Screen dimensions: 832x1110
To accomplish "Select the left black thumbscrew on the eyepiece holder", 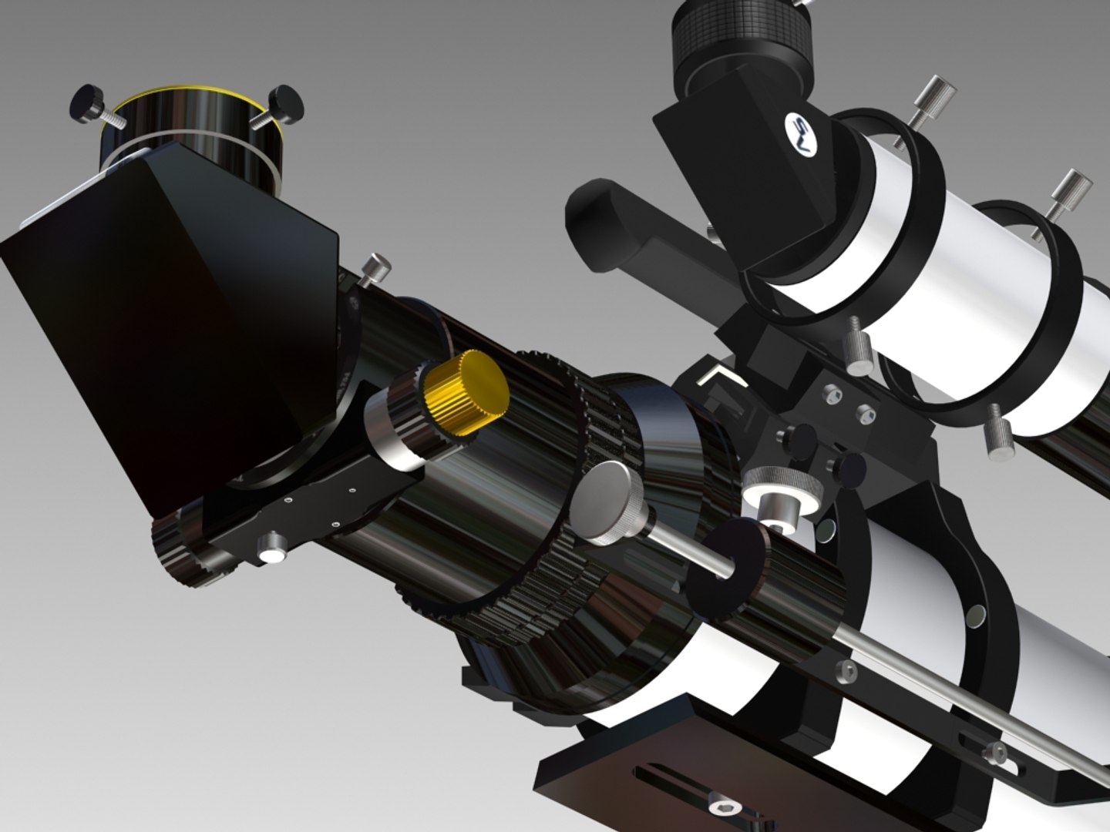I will coord(86,102).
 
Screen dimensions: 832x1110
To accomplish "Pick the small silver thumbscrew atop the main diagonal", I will coord(375,267).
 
